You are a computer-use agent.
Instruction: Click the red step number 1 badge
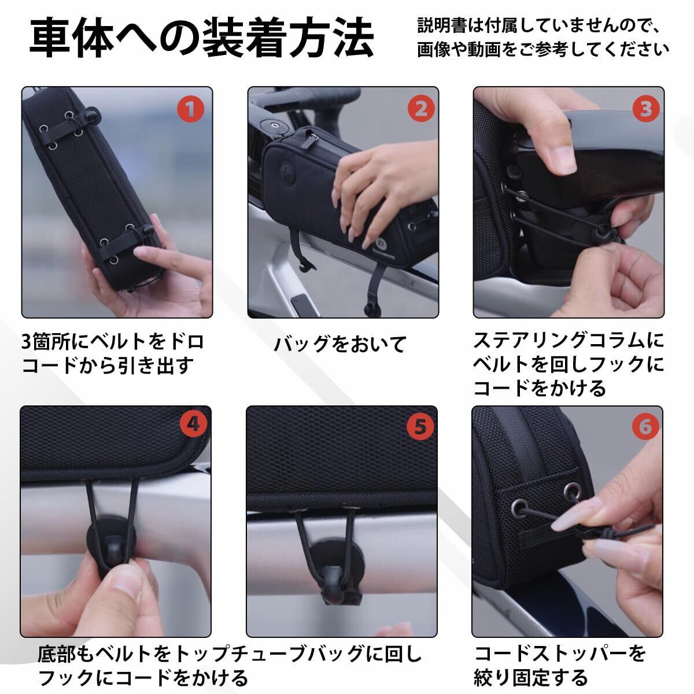pos(190,109)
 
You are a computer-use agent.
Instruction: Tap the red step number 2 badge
pos(421,109)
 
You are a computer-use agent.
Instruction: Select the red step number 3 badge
pos(646,109)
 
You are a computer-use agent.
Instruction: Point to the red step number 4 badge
pos(193,424)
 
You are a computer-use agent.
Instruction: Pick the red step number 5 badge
pos(420,427)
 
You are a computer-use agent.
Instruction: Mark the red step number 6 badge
pos(645,427)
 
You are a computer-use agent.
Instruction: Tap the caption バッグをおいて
pos(340,344)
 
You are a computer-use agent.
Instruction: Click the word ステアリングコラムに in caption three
pos(569,341)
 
